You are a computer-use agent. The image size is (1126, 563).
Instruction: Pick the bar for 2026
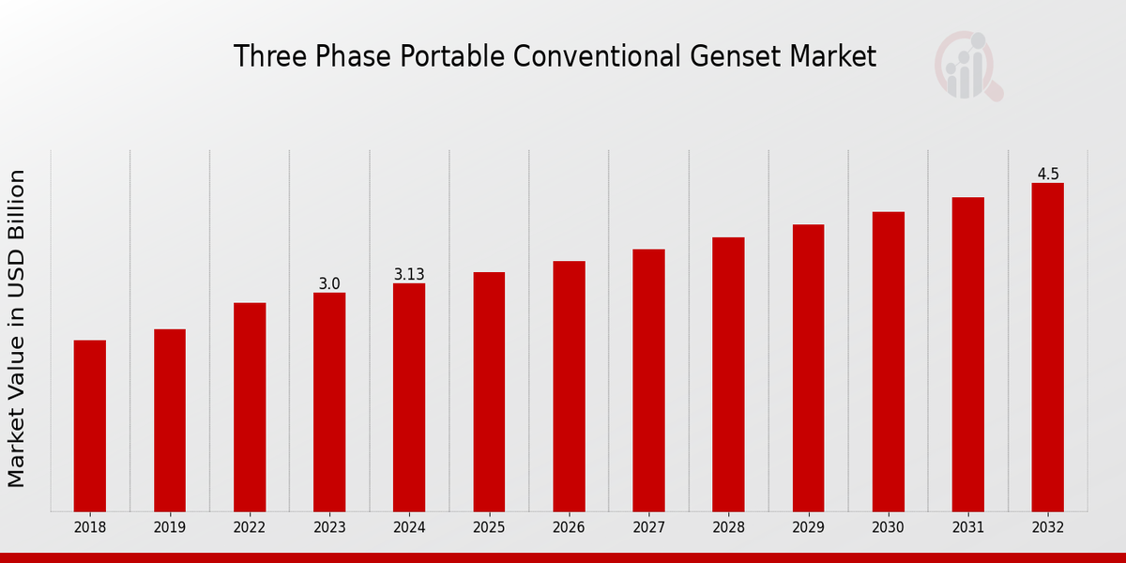569,386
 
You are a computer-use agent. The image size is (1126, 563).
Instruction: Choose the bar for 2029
808,368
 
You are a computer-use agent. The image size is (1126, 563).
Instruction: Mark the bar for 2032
1047,347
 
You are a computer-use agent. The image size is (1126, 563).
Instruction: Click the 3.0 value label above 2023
329,283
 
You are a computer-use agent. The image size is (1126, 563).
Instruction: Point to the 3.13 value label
409,274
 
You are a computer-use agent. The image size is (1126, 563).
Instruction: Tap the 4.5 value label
1047,174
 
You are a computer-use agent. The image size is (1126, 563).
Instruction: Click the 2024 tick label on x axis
409,528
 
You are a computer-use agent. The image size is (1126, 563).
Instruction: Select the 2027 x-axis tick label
648,528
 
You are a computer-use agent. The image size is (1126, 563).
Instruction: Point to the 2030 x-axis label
888,528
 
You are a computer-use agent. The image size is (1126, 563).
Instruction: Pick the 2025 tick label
489,528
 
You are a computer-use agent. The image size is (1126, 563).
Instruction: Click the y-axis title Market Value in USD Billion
17,328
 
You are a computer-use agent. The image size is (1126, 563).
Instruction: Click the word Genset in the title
726,57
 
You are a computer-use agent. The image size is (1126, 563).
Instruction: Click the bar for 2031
967,354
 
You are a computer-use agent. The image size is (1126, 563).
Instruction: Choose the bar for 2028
728,374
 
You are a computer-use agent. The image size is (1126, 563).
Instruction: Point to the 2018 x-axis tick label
90,528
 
